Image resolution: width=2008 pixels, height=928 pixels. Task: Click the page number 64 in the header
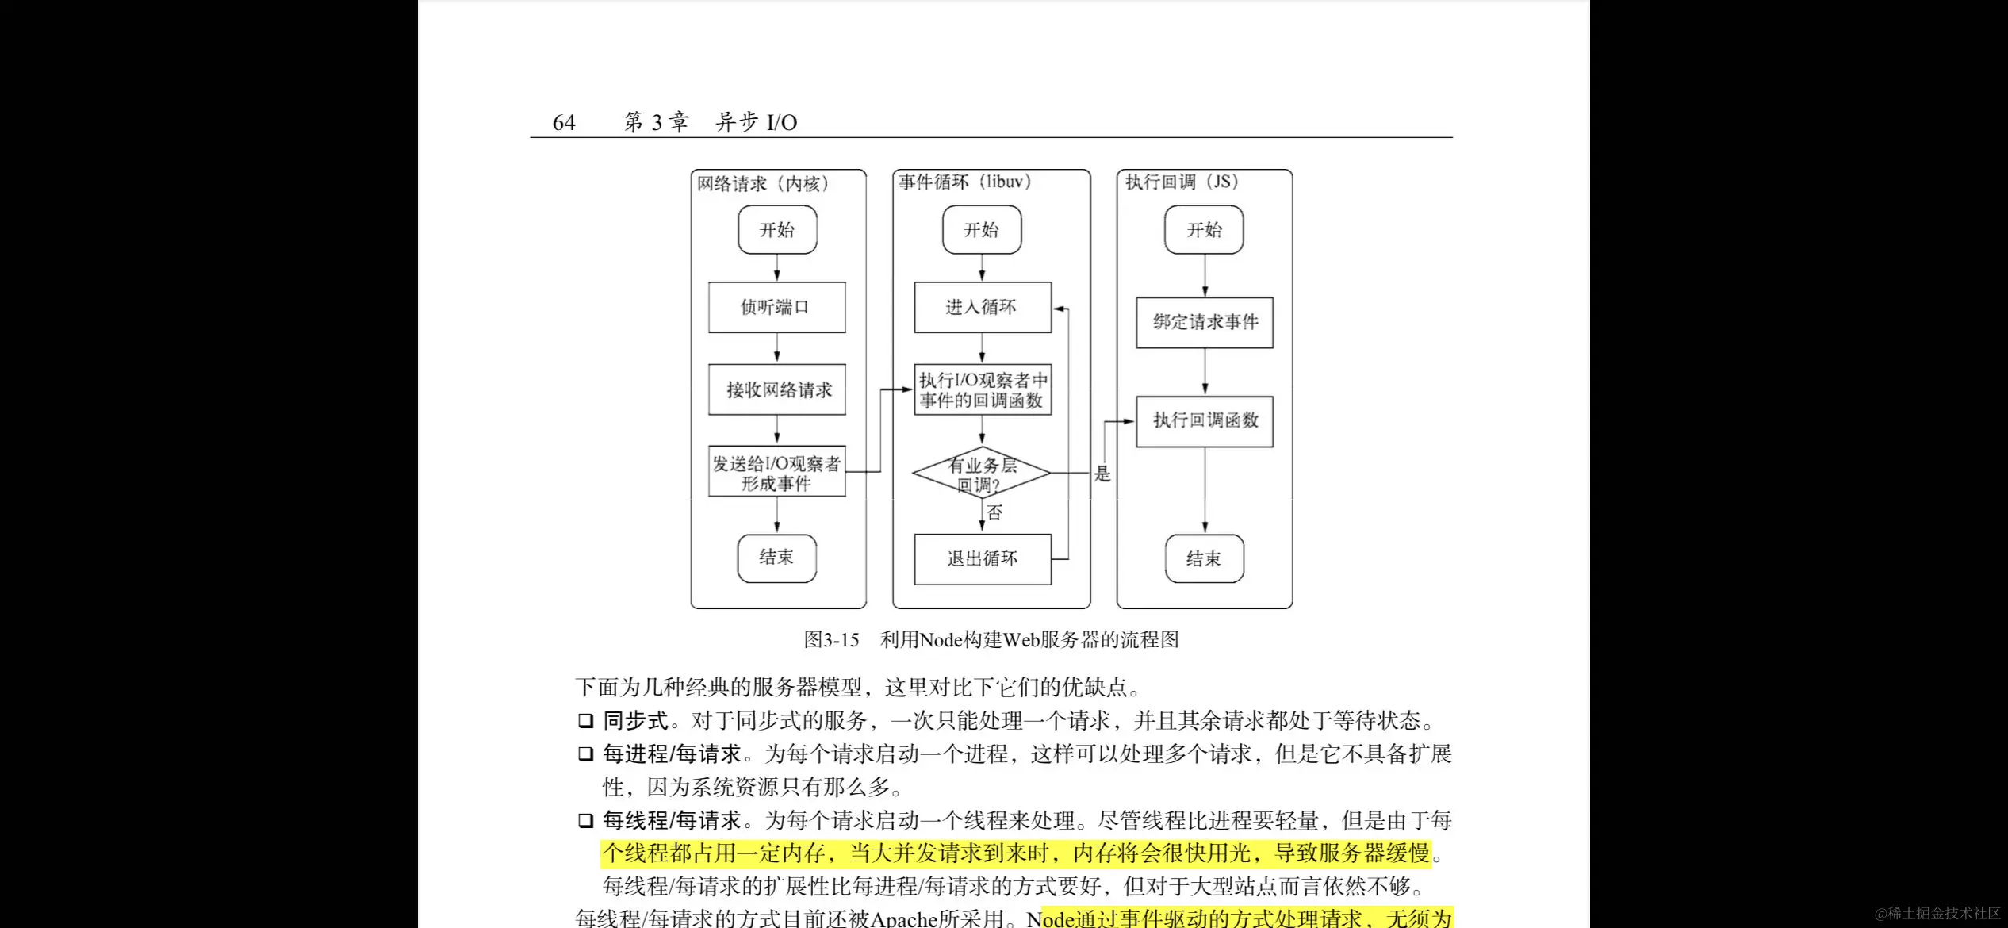[564, 123]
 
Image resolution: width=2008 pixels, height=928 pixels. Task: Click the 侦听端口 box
[776, 307]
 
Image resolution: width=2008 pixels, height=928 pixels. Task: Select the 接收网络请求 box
[776, 389]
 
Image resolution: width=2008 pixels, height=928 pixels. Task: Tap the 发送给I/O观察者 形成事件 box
[776, 473]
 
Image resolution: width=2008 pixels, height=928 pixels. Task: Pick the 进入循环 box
[982, 307]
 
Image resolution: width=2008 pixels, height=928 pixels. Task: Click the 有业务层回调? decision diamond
[982, 474]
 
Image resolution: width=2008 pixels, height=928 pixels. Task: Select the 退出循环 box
[982, 559]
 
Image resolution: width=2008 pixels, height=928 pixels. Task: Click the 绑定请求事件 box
[1205, 322]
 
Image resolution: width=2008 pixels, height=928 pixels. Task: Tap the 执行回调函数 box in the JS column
[1205, 420]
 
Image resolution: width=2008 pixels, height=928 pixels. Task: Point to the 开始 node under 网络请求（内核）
[777, 230]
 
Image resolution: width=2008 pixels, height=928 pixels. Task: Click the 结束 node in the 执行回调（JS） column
[1204, 559]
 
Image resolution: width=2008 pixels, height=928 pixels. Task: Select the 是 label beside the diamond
[1102, 474]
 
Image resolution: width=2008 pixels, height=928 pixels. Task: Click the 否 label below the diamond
[994, 513]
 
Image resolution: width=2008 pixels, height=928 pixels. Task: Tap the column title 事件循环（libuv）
[964, 182]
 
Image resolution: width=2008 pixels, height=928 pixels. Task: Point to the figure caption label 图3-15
[831, 640]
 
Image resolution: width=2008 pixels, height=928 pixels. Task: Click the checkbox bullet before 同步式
[585, 721]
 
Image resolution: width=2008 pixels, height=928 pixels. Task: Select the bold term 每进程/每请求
[672, 754]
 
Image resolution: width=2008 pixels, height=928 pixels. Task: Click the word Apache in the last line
[904, 918]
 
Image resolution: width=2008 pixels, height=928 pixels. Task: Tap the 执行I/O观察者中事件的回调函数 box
[982, 390]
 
